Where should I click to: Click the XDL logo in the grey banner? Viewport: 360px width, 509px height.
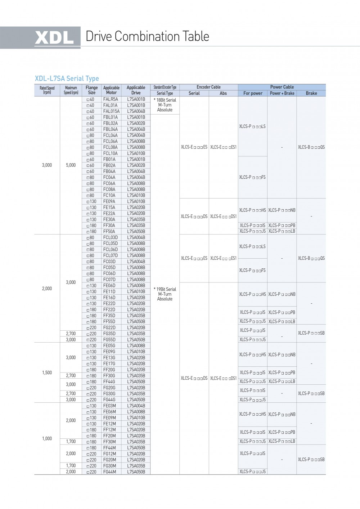pyautogui.click(x=54, y=37)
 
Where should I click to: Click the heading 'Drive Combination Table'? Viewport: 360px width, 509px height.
pyautogui.click(x=147, y=36)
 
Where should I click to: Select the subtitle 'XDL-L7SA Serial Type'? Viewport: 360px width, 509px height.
pyautogui.click(x=67, y=79)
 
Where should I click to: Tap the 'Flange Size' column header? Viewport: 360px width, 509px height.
pyautogui.click(x=91, y=90)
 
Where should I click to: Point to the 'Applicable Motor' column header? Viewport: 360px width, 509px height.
pyautogui.click(x=111, y=90)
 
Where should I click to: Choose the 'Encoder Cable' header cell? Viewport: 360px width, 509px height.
pyautogui.click(x=208, y=87)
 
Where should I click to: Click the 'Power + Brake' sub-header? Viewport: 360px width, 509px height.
pyautogui.click(x=282, y=93)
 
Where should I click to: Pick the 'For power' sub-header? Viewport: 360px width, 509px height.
pyautogui.click(x=253, y=93)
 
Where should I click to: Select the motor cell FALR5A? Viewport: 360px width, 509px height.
pyautogui.click(x=111, y=99)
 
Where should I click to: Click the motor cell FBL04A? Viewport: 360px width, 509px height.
pyautogui.click(x=111, y=129)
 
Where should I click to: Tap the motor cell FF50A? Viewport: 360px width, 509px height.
pyautogui.click(x=109, y=232)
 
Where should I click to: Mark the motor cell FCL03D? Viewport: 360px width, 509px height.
pyautogui.click(x=111, y=238)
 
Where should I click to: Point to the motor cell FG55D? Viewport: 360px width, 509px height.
pyautogui.click(x=109, y=340)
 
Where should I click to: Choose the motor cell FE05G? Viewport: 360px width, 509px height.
pyautogui.click(x=109, y=346)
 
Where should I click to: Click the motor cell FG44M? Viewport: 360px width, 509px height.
pyautogui.click(x=109, y=472)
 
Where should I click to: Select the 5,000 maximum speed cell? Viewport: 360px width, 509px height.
pyautogui.click(x=71, y=165)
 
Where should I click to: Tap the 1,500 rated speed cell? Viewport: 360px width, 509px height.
pyautogui.click(x=47, y=373)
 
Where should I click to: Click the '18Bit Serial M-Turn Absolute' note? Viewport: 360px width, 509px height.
pyautogui.click(x=165, y=105)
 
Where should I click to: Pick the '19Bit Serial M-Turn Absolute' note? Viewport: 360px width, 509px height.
pyautogui.click(x=165, y=294)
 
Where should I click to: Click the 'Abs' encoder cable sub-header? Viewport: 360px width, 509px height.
pyautogui.click(x=223, y=93)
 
